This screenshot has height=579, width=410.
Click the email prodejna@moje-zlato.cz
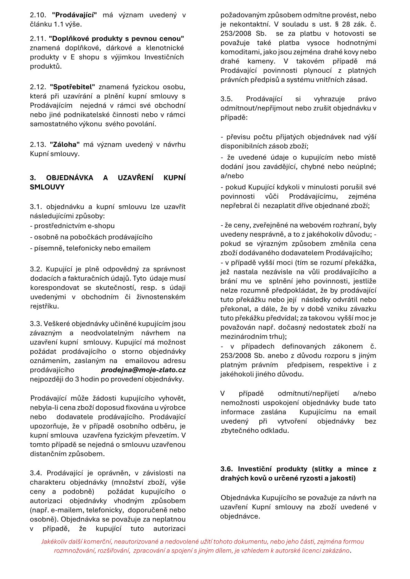pyautogui.click(x=143, y=370)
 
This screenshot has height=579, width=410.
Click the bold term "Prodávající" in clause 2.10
pyautogui.click(x=74, y=15)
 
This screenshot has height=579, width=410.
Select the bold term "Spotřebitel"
pyautogui.click(x=72, y=87)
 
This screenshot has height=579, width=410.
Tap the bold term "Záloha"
pyautogui.click(x=65, y=145)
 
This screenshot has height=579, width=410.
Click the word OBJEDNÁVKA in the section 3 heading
pyautogui.click(x=70, y=178)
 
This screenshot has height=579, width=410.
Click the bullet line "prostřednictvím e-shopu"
pyautogui.click(x=74, y=226)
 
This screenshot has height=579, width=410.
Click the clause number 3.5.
pyautogui.click(x=227, y=99)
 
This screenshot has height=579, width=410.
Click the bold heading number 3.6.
pyautogui.click(x=227, y=469)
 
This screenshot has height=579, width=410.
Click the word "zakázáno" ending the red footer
pyautogui.click(x=336, y=550)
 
